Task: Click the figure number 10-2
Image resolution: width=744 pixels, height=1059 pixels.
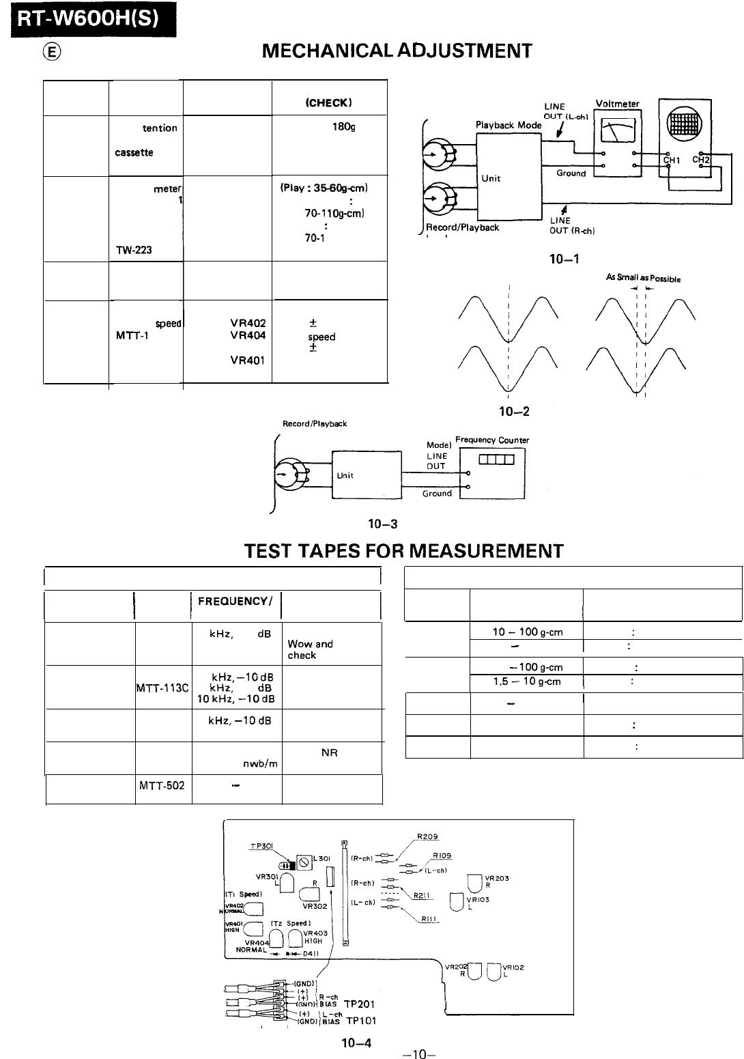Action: click(515, 411)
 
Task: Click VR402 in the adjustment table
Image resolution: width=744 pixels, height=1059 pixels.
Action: click(248, 324)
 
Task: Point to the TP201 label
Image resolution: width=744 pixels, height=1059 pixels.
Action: click(360, 1004)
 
